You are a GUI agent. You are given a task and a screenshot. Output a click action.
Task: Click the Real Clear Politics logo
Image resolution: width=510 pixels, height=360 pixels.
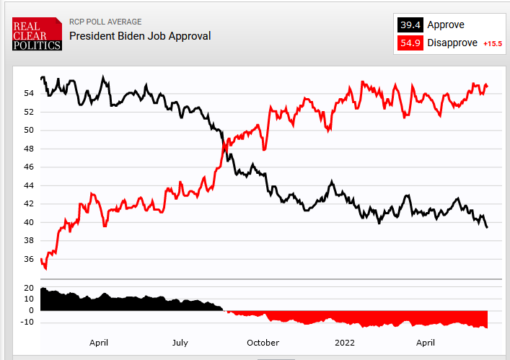click(37, 33)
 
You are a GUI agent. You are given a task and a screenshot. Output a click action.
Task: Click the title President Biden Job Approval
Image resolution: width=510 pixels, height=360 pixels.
click(140, 35)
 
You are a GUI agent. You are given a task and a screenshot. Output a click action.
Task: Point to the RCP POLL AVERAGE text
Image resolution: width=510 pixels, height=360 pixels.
click(105, 22)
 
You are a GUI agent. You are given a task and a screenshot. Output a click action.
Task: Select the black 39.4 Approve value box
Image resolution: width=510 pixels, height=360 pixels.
click(410, 25)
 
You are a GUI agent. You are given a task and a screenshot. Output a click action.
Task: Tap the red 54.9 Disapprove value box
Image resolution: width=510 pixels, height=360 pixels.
click(410, 43)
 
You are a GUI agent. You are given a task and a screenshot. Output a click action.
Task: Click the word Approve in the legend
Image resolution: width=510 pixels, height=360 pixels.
click(446, 25)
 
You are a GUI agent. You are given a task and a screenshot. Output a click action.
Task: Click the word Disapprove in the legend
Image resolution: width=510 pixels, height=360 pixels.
click(452, 43)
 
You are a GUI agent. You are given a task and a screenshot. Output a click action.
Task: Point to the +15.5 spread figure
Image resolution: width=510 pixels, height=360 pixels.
click(492, 43)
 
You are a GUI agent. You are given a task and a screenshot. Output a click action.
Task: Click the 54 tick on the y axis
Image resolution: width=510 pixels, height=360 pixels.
click(28, 93)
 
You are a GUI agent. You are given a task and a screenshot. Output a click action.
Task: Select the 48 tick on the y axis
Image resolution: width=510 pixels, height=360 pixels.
click(28, 149)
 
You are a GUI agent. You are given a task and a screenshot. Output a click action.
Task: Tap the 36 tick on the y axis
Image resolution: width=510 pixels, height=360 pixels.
click(28, 259)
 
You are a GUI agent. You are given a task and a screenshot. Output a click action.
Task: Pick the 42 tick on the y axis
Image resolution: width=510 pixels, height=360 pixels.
click(28, 203)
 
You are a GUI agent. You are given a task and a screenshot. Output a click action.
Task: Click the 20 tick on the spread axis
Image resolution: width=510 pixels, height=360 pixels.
click(30, 288)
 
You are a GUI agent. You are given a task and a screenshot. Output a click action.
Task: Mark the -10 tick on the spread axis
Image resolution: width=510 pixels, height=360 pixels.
click(27, 322)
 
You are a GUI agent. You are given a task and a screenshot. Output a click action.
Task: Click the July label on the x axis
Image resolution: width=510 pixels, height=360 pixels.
click(180, 343)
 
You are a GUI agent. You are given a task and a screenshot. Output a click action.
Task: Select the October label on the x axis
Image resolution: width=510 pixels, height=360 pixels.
click(263, 343)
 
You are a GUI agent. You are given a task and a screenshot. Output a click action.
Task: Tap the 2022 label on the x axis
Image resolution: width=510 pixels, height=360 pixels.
click(345, 343)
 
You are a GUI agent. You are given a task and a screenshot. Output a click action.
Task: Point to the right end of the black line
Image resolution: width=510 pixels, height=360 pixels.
click(487, 227)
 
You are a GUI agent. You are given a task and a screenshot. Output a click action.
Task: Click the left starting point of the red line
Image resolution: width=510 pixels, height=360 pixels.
click(42, 258)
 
